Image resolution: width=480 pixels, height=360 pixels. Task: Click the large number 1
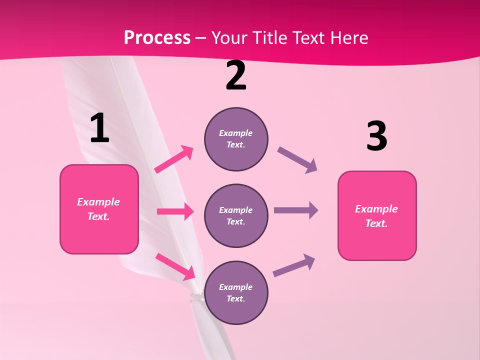(99, 128)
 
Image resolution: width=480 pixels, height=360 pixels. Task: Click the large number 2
(236, 76)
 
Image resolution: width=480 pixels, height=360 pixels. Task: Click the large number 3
(376, 136)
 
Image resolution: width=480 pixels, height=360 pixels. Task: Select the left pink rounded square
(99, 209)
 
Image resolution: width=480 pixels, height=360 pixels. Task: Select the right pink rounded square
(377, 216)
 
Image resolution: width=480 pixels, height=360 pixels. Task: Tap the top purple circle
(236, 139)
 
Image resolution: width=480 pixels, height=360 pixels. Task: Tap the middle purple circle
(236, 215)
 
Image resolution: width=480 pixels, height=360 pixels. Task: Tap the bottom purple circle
(236, 292)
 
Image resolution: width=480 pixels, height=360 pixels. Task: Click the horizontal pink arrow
(175, 211)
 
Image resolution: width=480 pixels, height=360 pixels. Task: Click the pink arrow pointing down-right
(175, 266)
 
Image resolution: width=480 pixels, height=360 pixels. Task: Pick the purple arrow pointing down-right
(297, 160)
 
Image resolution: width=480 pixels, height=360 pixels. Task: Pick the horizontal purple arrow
(296, 210)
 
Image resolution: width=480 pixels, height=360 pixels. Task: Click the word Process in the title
(157, 37)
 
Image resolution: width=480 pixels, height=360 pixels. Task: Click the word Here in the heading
(348, 37)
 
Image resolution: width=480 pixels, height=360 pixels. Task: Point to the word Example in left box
(98, 202)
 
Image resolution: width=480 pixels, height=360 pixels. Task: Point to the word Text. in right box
(376, 223)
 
